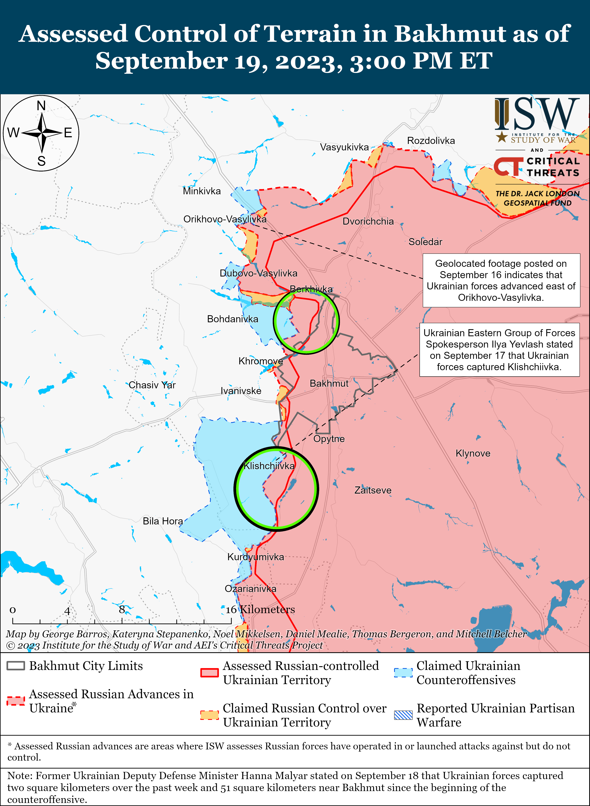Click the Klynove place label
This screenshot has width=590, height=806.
pos(473,453)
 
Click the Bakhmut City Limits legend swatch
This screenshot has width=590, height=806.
pos(16,666)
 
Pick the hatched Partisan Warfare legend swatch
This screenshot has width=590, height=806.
pos(403,715)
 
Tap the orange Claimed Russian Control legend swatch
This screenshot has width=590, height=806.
pos(209,715)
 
